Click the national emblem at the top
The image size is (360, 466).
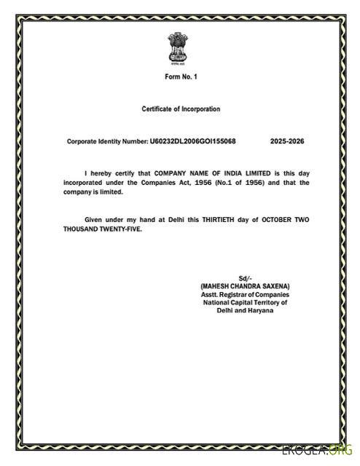[176, 47]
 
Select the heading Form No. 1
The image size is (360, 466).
[180, 77]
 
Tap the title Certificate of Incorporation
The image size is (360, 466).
[180, 108]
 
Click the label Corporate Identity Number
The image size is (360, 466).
[107, 141]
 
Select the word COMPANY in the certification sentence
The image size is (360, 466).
[173, 173]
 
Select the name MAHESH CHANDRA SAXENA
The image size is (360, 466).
[245, 286]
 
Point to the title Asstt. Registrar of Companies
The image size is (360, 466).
[245, 294]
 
